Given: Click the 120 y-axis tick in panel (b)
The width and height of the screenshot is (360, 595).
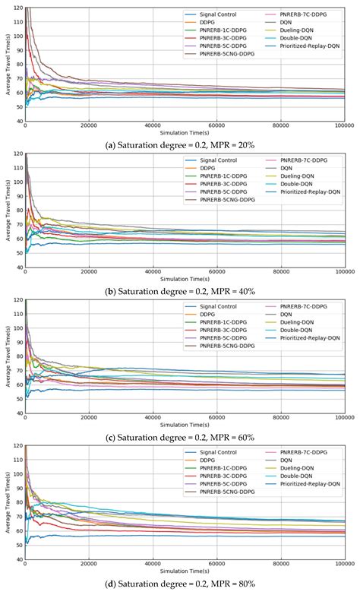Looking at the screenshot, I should coord(16,154).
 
